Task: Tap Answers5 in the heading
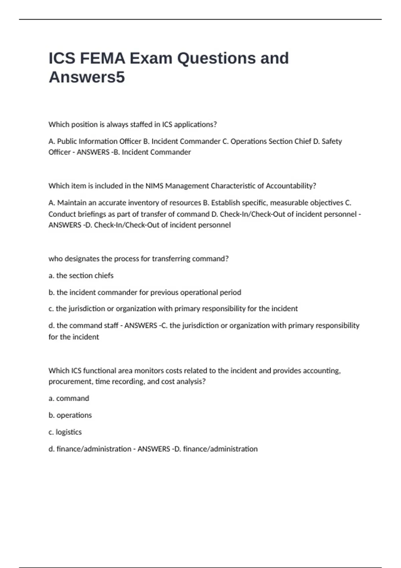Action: [x=87, y=77]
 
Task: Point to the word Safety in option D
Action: [x=331, y=141]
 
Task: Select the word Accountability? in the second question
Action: [x=291, y=186]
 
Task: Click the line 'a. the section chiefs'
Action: [x=81, y=276]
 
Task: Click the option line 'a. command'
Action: [x=69, y=398]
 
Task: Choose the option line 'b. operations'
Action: [x=70, y=415]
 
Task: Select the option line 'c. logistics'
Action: [x=65, y=432]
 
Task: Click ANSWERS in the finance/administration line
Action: [x=154, y=449]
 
